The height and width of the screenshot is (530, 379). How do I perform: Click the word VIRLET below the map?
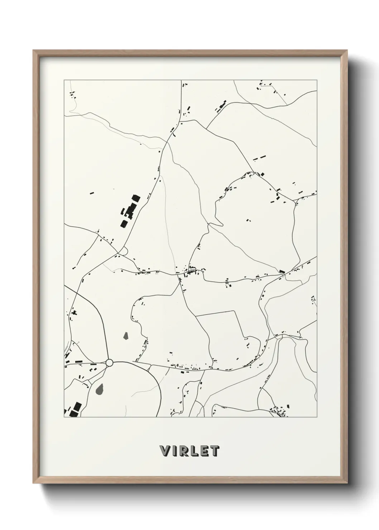[x=189, y=451]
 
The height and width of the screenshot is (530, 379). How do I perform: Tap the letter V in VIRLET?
[x=166, y=451]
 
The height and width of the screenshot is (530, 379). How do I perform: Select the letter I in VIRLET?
[x=176, y=451]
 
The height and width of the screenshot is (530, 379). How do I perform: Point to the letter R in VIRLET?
[x=184, y=451]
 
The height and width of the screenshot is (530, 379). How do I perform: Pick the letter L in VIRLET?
[x=195, y=451]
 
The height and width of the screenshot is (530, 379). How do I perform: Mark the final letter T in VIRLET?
[x=214, y=451]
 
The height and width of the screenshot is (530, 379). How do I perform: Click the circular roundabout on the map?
[x=109, y=363]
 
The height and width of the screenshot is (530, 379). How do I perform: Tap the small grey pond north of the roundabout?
[x=126, y=336]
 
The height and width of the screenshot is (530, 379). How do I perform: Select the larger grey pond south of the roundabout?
[x=100, y=388]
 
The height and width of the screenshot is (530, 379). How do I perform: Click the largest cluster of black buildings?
[x=129, y=212]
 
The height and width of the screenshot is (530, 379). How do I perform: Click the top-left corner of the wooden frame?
[x=34, y=50]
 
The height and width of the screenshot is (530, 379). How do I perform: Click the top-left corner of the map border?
[x=64, y=80]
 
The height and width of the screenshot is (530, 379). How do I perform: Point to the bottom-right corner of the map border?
[x=317, y=417]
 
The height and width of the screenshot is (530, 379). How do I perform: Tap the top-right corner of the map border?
[x=317, y=80]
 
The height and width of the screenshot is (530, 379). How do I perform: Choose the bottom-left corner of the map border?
[x=64, y=417]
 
